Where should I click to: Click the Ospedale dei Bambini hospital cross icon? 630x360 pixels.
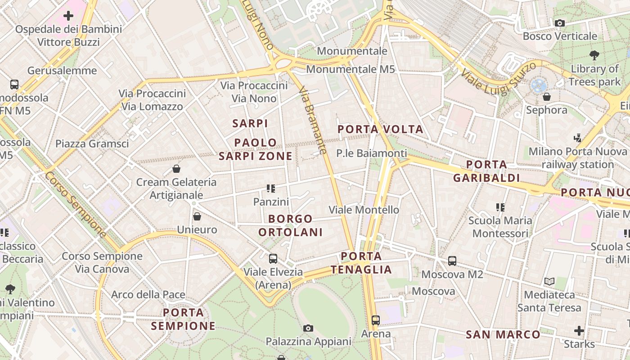(68, 16)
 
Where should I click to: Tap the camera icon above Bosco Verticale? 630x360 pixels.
(560, 23)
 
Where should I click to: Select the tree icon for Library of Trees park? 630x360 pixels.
(594, 55)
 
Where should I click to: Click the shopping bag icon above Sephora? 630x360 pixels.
(547, 97)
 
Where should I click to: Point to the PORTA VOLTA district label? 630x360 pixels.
(380, 130)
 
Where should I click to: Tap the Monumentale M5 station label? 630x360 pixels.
(350, 69)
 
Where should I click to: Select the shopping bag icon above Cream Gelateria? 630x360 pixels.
(176, 169)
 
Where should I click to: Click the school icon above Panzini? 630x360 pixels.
(270, 189)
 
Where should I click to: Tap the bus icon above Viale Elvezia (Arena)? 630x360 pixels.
(273, 259)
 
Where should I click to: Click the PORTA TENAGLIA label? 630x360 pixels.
(361, 263)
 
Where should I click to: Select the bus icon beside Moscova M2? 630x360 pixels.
(452, 261)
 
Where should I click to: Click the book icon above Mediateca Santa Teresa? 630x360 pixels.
(549, 282)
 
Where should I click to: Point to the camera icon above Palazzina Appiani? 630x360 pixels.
(308, 328)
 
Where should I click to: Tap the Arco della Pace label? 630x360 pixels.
(148, 295)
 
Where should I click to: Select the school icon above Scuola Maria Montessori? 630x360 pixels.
(500, 207)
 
